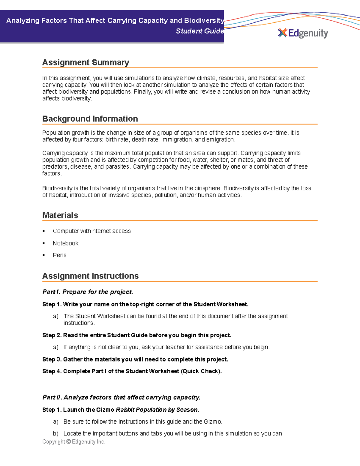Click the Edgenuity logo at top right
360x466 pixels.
(303, 33)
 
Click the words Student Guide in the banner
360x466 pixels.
(199, 31)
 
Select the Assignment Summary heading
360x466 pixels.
(85, 62)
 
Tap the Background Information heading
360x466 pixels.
(90, 119)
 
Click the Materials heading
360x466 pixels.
(60, 215)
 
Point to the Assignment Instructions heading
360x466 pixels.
(90, 276)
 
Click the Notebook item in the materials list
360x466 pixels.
(65, 243)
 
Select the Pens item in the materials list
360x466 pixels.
(59, 255)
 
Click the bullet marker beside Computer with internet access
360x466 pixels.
(44, 231)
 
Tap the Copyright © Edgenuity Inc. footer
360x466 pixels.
(74, 442)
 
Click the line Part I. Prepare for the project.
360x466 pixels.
(88, 292)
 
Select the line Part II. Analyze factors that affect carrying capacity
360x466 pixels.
(121, 398)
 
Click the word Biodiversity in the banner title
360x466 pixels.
(204, 21)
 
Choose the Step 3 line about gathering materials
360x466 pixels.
(135, 359)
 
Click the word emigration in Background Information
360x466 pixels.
(220, 140)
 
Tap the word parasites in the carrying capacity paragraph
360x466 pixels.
(118, 167)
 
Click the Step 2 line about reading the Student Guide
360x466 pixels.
(136, 335)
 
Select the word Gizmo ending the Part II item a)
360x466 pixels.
(212, 422)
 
